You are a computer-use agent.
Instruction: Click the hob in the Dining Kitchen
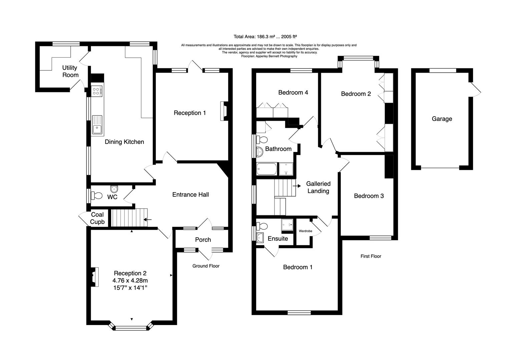[97, 91]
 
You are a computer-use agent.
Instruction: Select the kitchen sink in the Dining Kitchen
[97, 124]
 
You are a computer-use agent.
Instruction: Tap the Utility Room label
[70, 71]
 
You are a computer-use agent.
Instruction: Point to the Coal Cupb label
[97, 218]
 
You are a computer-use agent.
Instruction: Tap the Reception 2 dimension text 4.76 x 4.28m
[130, 281]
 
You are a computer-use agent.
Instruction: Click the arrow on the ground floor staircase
[147, 219]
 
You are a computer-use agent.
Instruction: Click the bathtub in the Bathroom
[267, 169]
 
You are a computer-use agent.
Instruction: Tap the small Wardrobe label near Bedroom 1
[305, 231]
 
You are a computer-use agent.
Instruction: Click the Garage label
[442, 119]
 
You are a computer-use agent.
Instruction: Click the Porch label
[203, 240]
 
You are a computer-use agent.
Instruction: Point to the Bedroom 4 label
[293, 92]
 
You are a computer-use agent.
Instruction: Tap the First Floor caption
[371, 256]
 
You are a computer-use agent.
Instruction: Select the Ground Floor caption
[206, 266]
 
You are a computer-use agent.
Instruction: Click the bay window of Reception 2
[131, 328]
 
